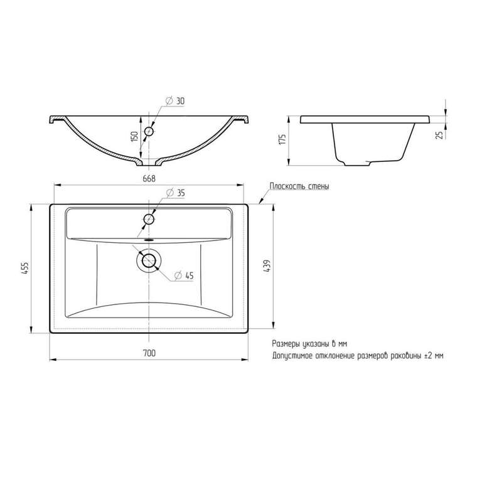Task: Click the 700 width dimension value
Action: tap(149, 353)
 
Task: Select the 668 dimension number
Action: tap(149, 179)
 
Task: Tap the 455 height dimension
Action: tap(26, 268)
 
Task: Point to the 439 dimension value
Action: tap(267, 265)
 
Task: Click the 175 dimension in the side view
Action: tap(282, 139)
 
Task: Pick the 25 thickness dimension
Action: tap(439, 135)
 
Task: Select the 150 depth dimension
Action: tap(134, 136)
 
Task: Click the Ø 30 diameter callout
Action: tap(175, 100)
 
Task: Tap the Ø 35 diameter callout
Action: tap(176, 193)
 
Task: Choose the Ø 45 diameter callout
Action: tap(184, 276)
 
